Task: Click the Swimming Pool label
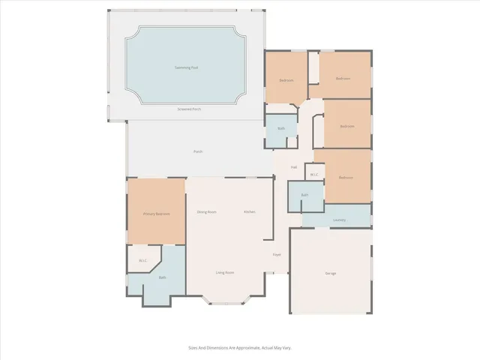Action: click(186, 67)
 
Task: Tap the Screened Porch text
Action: click(189, 109)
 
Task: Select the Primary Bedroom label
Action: click(156, 214)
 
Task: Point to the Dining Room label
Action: click(207, 212)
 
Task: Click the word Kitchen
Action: click(249, 212)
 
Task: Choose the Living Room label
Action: click(225, 272)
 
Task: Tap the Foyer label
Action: click(276, 255)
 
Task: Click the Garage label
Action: click(330, 273)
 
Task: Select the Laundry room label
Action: click(339, 220)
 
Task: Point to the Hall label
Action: click(294, 167)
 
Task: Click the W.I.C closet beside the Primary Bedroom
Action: click(142, 261)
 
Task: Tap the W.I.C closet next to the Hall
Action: click(314, 175)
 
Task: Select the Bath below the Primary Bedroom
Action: click(162, 278)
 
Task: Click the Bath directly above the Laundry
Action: click(304, 195)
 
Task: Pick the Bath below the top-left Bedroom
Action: click(281, 128)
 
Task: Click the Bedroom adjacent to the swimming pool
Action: click(286, 80)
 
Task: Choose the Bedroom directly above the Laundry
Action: click(345, 178)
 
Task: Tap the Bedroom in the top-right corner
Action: click(343, 79)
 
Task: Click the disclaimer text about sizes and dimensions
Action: click(239, 347)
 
